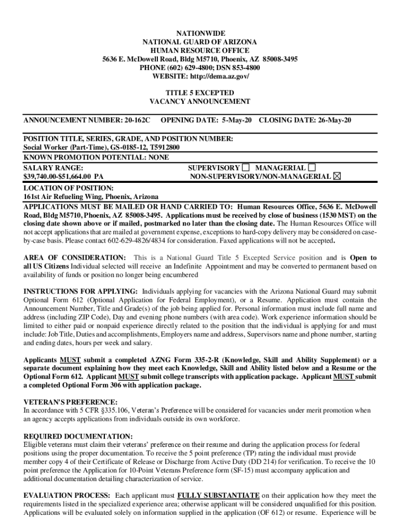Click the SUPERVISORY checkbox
[x=246, y=168]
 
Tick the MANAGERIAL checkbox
[x=312, y=168]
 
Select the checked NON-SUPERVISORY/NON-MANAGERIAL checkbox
[x=337, y=177]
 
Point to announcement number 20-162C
[x=137, y=120]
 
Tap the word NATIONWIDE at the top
[x=199, y=33]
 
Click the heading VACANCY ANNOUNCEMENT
[x=200, y=102]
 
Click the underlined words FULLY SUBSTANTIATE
[x=218, y=495]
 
